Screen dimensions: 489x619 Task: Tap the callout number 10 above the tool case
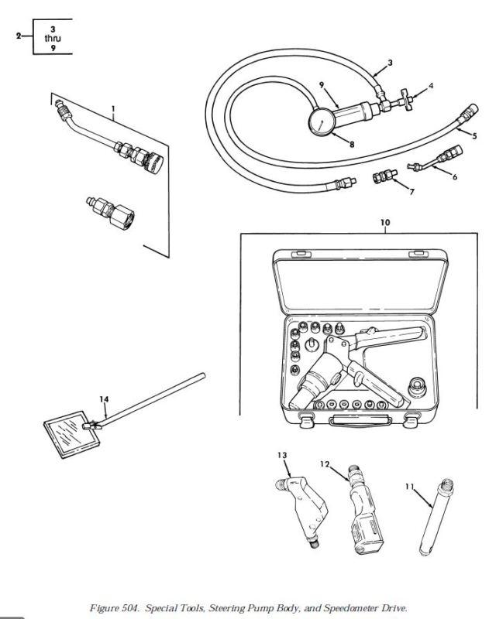385,222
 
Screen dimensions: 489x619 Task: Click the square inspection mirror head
71,434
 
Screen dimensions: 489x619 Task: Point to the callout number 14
104,399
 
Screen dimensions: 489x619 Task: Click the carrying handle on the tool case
360,420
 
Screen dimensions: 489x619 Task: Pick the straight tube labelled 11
436,517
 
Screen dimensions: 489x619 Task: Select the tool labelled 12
364,511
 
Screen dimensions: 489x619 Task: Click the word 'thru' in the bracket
53,38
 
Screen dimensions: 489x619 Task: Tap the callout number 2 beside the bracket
18,36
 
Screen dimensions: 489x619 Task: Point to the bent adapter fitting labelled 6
435,159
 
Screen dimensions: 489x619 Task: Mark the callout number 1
113,108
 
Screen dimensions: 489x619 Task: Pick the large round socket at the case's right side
417,388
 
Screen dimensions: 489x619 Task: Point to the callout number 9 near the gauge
322,85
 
